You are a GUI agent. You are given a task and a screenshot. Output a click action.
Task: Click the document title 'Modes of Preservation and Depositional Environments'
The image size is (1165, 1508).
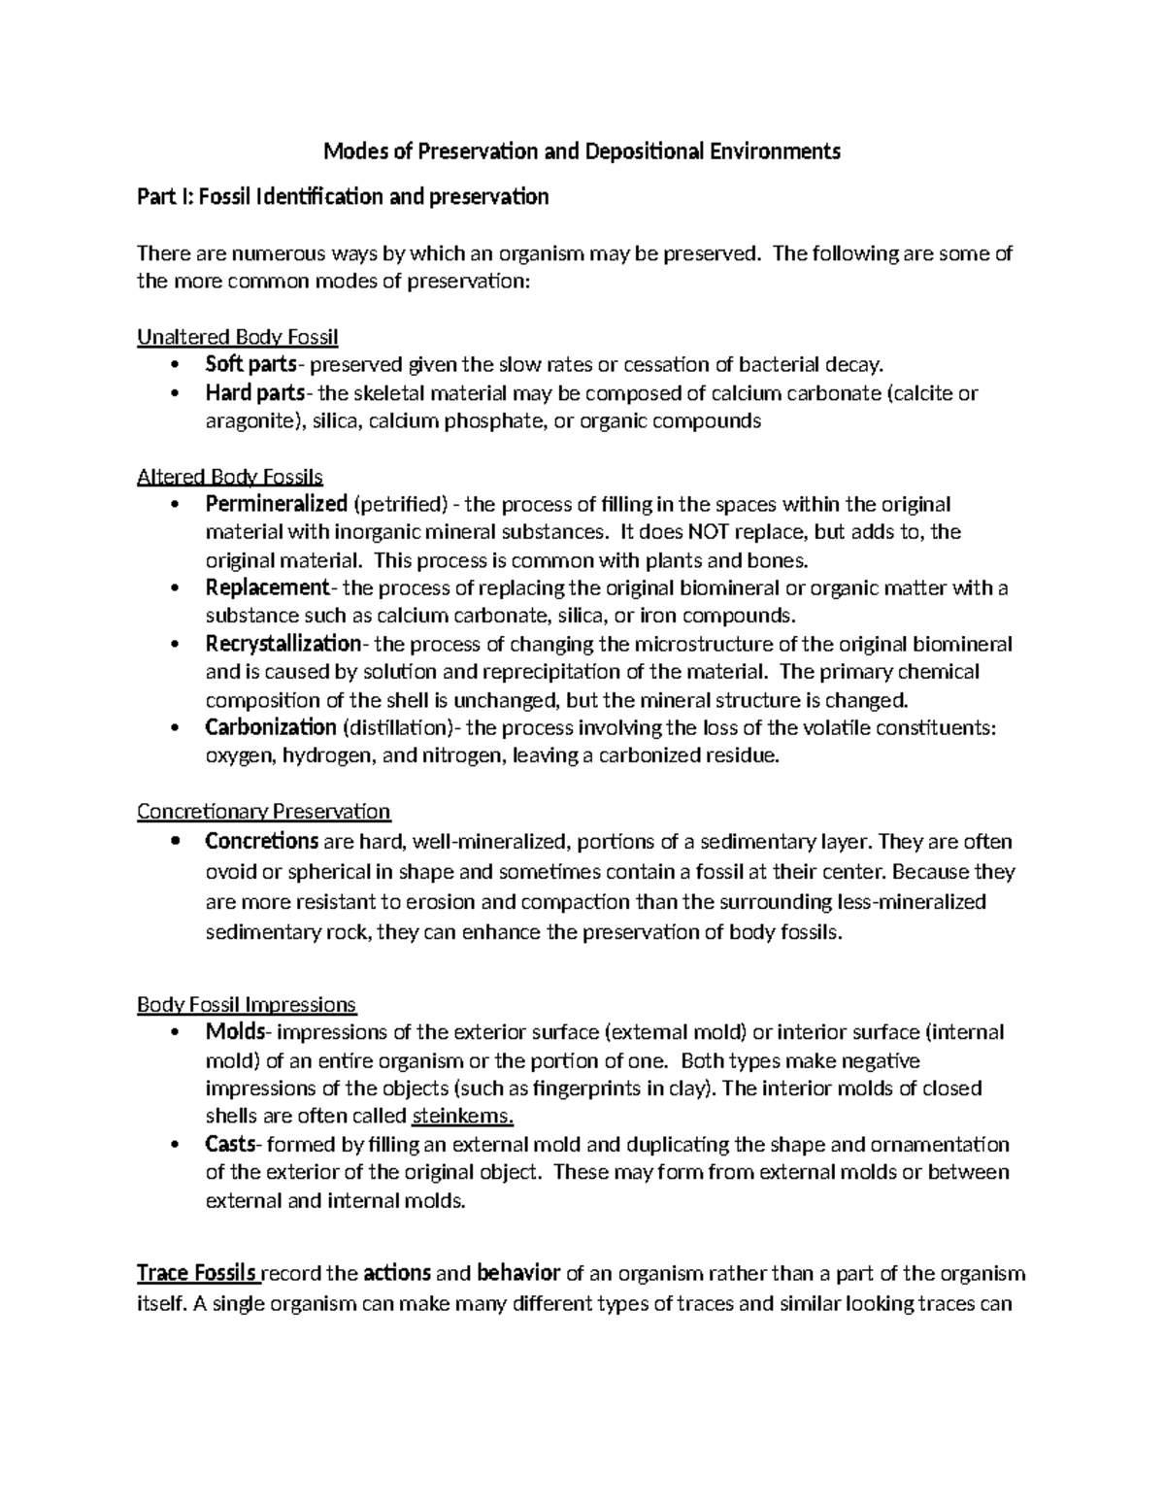click(x=582, y=151)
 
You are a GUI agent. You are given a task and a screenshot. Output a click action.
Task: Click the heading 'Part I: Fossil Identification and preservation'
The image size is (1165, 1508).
click(x=343, y=197)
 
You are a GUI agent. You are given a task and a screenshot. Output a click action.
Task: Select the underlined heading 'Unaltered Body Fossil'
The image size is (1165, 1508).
click(x=238, y=337)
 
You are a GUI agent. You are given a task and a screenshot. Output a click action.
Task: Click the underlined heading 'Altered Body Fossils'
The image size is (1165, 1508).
click(x=230, y=477)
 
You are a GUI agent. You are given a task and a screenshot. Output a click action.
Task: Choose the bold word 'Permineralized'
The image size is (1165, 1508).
click(x=276, y=504)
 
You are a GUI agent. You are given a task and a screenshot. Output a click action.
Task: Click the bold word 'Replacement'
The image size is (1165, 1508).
click(x=267, y=587)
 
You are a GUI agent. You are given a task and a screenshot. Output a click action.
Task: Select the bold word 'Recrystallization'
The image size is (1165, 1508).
click(x=283, y=644)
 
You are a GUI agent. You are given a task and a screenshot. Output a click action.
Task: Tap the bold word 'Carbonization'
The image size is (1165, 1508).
click(x=271, y=727)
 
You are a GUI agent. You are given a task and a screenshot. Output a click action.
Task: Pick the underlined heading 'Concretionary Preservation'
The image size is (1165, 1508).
click(x=263, y=811)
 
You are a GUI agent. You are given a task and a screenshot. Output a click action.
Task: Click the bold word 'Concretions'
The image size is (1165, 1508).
click(x=262, y=840)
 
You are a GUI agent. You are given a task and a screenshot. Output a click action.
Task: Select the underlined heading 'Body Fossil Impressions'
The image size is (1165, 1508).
click(x=247, y=1004)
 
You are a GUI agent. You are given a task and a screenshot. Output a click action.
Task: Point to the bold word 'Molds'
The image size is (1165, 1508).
click(x=229, y=1032)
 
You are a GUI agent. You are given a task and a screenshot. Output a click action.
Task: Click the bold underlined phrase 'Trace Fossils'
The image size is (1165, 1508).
click(x=197, y=1273)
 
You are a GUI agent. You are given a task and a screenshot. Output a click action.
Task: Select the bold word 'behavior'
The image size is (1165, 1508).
click(x=519, y=1273)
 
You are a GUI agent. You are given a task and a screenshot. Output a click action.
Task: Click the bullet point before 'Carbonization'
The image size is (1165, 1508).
click(x=175, y=728)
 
